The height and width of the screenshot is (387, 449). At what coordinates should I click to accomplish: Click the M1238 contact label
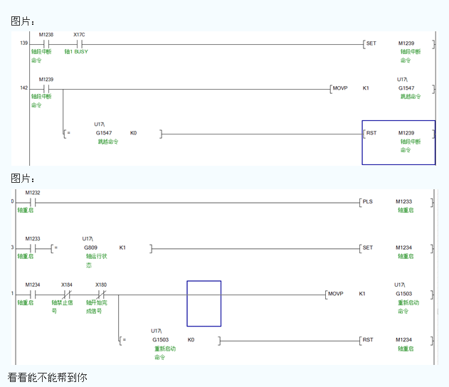(x=46, y=34)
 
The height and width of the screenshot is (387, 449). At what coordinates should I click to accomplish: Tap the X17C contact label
(x=80, y=34)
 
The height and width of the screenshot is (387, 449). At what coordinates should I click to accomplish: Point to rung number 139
(x=23, y=44)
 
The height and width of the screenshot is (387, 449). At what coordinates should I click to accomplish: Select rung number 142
(x=23, y=88)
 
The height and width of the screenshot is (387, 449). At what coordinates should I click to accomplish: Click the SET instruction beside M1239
(x=371, y=43)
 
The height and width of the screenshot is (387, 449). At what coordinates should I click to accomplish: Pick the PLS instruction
(x=368, y=201)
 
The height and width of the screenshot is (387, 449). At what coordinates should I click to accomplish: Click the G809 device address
(x=90, y=248)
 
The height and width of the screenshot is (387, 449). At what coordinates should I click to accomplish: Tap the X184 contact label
(x=66, y=285)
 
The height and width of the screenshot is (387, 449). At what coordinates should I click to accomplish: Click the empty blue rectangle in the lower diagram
(x=204, y=303)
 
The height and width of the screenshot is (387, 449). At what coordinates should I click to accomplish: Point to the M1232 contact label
(x=33, y=193)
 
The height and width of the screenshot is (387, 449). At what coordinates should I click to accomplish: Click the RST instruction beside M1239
(x=371, y=133)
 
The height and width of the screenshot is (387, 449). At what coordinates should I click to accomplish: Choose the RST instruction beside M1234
(x=368, y=339)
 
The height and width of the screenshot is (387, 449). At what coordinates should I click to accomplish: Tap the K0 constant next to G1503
(x=191, y=339)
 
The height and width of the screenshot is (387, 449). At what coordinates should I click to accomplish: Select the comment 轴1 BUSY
(x=76, y=52)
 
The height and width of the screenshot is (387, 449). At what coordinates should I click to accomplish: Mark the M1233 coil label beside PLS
(x=404, y=201)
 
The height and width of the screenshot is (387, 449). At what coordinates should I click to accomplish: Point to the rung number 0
(x=12, y=201)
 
